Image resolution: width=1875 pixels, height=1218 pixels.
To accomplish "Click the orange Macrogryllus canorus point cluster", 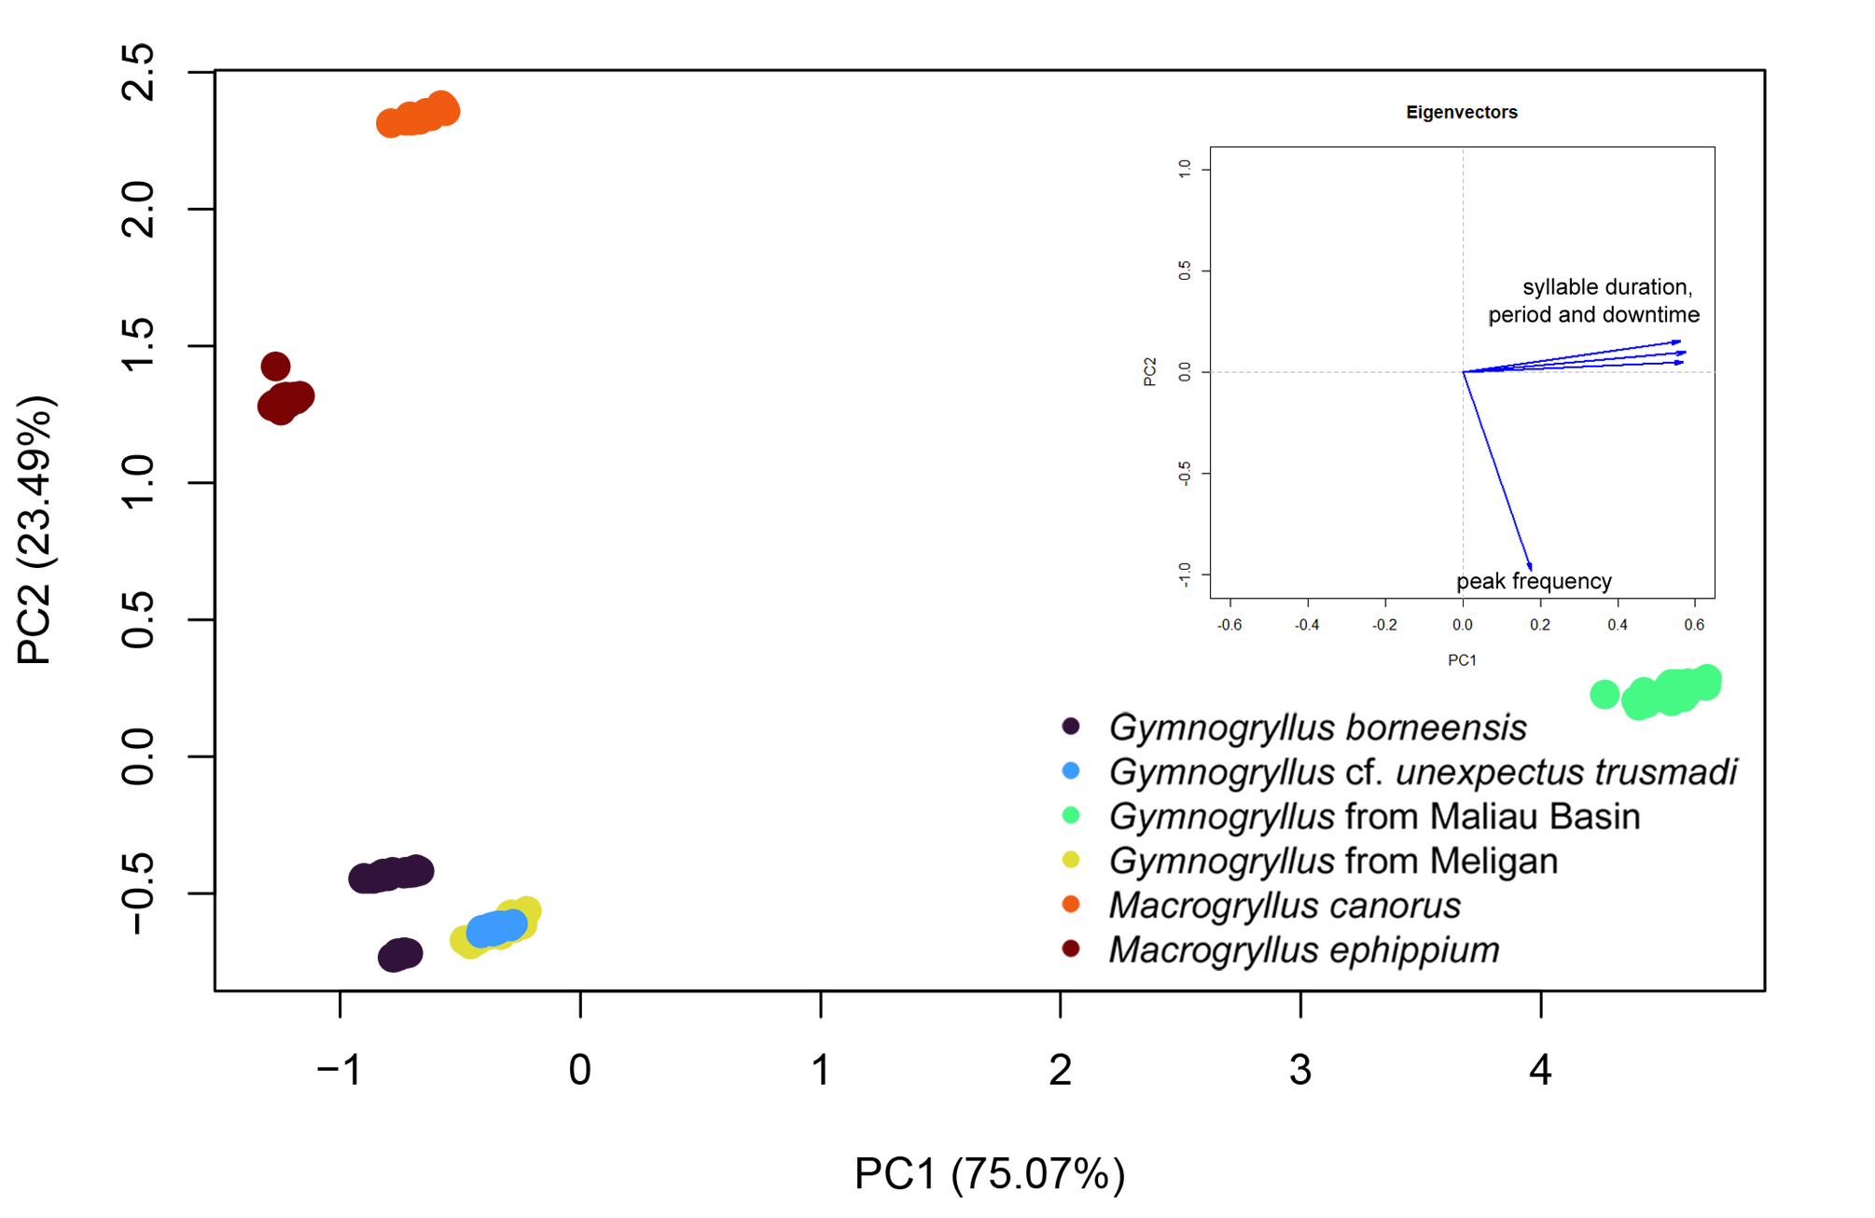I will coord(418,116).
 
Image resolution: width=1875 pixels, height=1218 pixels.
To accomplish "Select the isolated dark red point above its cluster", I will coord(275,366).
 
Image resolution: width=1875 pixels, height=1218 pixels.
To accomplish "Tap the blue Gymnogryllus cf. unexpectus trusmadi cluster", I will coord(496,928).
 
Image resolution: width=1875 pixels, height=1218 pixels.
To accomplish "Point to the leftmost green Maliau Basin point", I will coord(1604,694).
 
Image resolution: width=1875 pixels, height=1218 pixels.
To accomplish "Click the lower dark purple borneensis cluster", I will coord(400,955).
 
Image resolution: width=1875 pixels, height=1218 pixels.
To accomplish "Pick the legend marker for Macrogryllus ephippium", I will coord(1071,948).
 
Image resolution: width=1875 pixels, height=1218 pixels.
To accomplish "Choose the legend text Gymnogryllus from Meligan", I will coord(1333,861).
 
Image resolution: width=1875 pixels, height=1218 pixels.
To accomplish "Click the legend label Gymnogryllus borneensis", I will coord(1317,727).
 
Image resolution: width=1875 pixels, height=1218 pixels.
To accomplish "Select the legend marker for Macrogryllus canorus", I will coord(1071,904).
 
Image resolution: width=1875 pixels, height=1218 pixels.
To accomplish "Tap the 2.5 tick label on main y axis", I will coord(138,72).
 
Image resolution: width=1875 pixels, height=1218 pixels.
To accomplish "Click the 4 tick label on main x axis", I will coord(1540,1070).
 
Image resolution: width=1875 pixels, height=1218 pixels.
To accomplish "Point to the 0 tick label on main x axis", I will coord(580,1070).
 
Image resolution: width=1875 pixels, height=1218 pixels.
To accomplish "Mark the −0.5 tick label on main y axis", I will coord(138,893).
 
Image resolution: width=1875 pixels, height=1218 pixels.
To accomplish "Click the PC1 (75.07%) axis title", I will coord(990,1174).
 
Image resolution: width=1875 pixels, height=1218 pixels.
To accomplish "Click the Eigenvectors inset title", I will coord(1462,113).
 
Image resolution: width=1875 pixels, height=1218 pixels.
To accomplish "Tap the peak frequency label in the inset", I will coord(1534,582).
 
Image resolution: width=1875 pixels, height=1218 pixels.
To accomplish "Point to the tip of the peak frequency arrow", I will coord(1531,569).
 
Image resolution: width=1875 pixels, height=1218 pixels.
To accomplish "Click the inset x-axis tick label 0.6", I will coord(1694,625).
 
